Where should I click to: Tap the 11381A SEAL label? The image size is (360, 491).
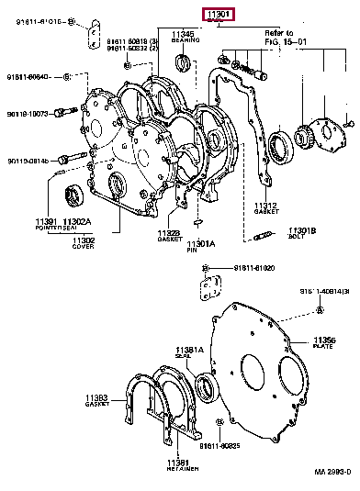pos(188,352)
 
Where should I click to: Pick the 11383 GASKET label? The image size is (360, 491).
pos(96,401)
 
